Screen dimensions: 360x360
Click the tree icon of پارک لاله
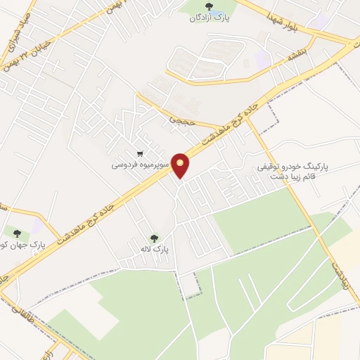point(154,238)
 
